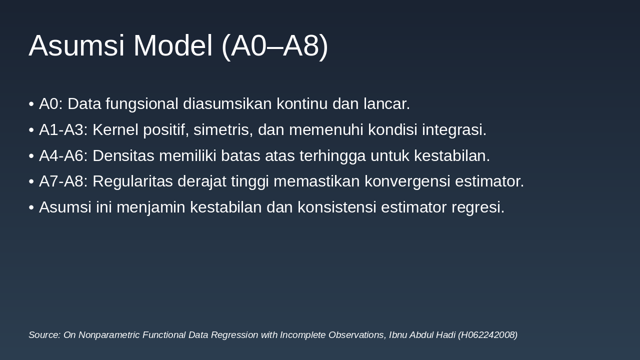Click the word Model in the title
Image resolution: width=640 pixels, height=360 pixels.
[x=173, y=45]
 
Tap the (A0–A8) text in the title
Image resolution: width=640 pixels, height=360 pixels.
[x=274, y=45]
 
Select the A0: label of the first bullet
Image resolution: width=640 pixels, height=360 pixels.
[x=51, y=104]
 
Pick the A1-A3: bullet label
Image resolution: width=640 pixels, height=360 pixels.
[x=63, y=130]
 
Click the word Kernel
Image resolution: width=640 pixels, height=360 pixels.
[x=115, y=130]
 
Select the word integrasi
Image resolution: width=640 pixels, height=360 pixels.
[x=454, y=130]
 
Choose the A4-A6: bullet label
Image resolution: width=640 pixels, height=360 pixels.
[x=63, y=156]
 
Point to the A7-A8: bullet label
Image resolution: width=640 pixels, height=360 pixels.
[x=63, y=181]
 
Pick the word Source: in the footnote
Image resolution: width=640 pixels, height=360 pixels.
[x=44, y=335]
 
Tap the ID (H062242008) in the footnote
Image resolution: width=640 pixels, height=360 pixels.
[x=487, y=335]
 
